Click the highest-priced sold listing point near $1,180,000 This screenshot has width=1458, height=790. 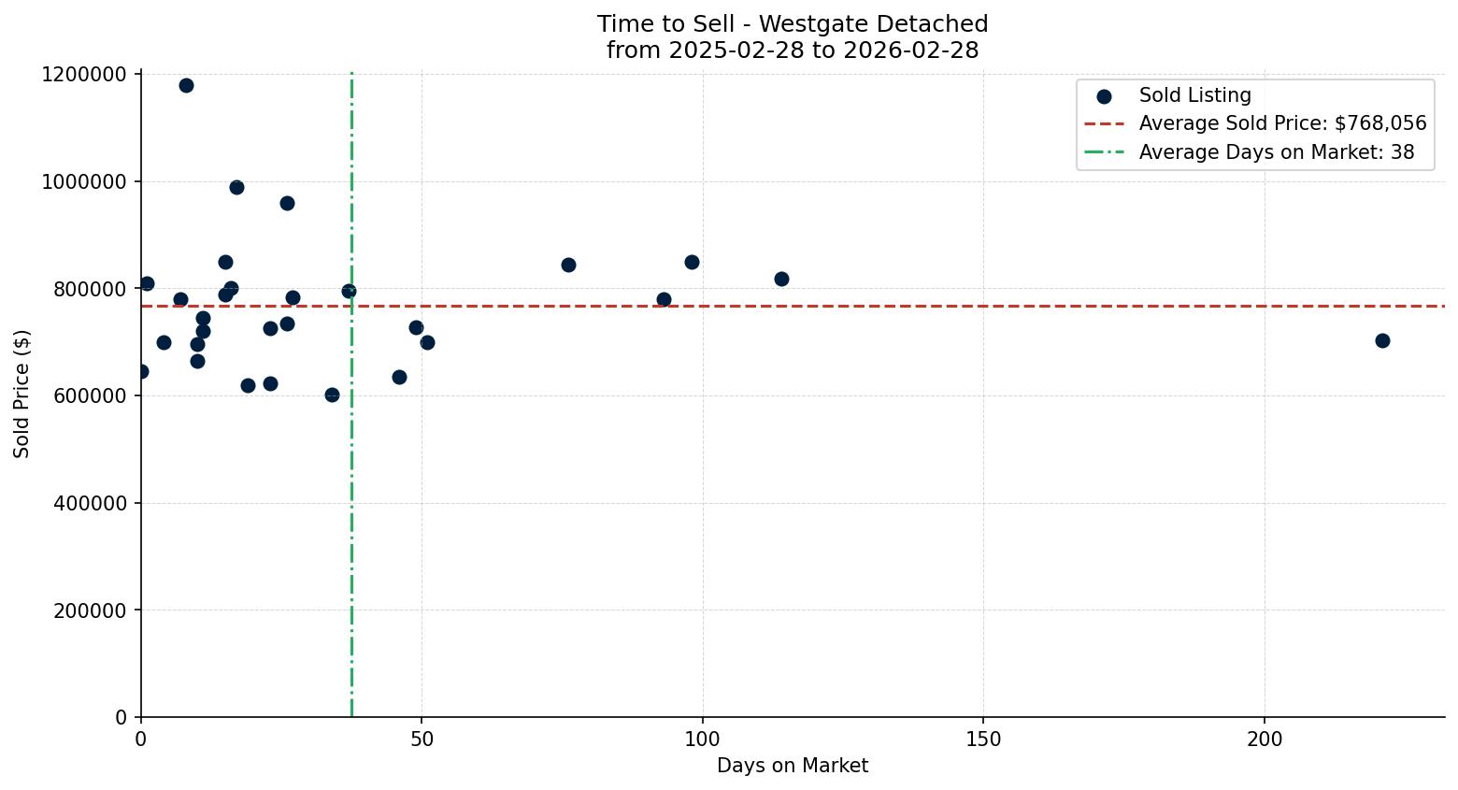click(186, 86)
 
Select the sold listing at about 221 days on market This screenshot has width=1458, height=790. click(1382, 340)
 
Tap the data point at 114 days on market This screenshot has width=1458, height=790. click(781, 279)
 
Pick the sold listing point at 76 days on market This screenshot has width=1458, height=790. click(568, 265)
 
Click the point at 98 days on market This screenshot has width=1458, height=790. click(692, 262)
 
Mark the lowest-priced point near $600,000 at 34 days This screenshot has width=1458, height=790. click(332, 395)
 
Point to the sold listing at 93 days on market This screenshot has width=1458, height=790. click(664, 299)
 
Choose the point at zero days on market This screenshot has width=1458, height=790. click(141, 371)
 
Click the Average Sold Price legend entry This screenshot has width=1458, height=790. click(1282, 123)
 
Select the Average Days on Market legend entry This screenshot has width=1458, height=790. click(1276, 152)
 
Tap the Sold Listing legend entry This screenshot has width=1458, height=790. click(1194, 95)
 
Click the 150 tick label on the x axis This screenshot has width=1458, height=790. click(983, 740)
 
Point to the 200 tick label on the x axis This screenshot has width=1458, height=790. click(1265, 740)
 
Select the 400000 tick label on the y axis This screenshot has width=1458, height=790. click(83, 503)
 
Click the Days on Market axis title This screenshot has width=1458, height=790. click(792, 766)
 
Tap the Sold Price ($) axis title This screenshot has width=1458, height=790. click(22, 394)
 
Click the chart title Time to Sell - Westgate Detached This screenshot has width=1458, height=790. click(792, 24)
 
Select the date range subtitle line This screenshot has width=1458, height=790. click(792, 50)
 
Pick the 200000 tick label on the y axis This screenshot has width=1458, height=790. click(83, 610)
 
